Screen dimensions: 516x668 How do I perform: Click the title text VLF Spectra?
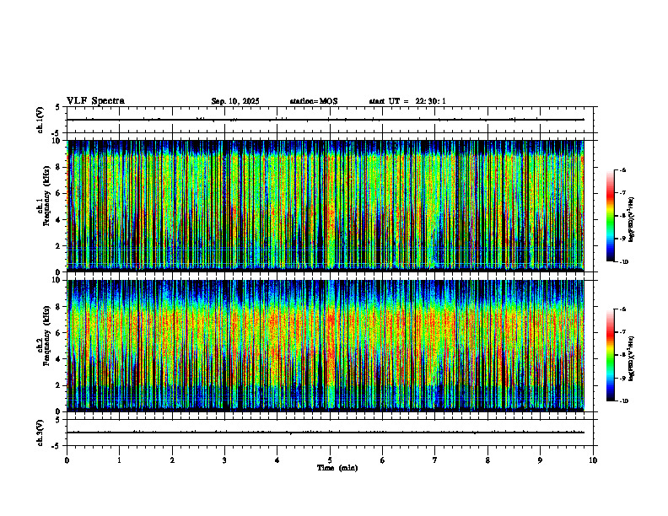95,101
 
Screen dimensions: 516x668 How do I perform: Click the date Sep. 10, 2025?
235,101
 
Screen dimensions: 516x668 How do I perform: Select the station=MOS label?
313,101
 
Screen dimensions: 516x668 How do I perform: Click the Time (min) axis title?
337,467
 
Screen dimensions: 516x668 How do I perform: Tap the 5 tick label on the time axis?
330,460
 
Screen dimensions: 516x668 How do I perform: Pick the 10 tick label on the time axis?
593,460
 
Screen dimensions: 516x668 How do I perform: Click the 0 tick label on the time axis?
67,460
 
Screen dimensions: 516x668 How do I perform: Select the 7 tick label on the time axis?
435,460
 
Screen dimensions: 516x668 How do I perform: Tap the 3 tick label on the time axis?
224,460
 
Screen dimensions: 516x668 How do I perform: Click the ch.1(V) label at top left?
40,120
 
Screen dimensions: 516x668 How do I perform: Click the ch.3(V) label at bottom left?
40,432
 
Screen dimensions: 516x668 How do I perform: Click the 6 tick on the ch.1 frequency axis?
58,193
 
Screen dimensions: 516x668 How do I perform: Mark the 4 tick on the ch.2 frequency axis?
58,358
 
